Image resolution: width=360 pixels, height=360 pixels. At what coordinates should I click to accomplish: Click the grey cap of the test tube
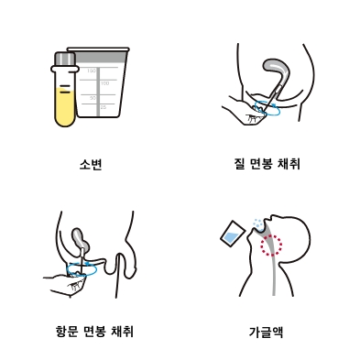point(65,59)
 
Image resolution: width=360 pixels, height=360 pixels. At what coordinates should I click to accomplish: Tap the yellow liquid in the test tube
point(65,106)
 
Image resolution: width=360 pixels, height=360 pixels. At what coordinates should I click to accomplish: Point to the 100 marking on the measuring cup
point(104,83)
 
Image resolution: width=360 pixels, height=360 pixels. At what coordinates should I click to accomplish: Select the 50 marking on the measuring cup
point(93,98)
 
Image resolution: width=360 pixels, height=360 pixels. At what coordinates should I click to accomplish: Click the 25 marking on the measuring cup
point(104,107)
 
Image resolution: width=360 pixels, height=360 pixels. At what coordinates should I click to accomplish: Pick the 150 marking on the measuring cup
point(92,71)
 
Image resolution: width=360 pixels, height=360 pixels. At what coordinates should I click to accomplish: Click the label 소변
point(91,165)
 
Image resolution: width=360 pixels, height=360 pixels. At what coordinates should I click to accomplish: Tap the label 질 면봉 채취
point(266,164)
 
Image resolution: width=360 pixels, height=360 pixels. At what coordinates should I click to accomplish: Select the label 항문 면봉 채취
point(94,332)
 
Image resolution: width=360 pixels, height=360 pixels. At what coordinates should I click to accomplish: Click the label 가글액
point(266,332)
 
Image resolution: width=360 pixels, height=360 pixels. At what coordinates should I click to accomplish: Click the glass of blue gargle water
point(232,234)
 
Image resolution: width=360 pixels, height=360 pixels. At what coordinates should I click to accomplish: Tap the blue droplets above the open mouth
point(258,224)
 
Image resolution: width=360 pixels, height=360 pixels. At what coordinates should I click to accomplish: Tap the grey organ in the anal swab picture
point(81,240)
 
